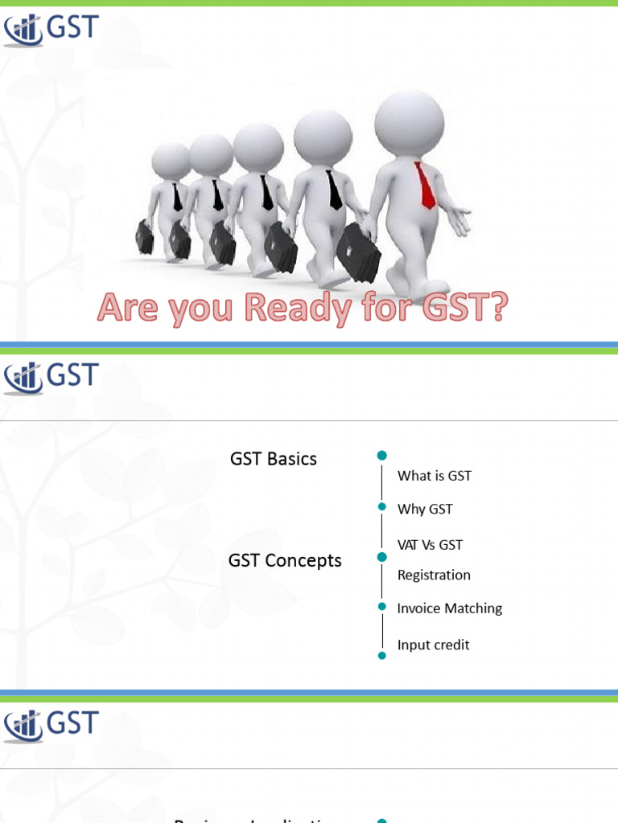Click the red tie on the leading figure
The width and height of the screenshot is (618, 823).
coord(424,185)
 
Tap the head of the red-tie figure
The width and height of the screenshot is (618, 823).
coord(409,125)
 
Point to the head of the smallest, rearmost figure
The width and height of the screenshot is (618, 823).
coord(171,161)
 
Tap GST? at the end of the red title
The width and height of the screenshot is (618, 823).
coord(461,308)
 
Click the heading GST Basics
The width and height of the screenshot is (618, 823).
coord(274,459)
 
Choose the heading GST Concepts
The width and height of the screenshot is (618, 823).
coord(285,560)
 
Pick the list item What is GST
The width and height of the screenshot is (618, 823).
coord(435,476)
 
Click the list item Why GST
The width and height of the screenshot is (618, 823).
coord(425,510)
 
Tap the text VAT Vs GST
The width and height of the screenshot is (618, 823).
coord(430,544)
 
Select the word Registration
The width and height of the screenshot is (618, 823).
coord(434,575)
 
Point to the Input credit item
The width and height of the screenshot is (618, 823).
coord(433,645)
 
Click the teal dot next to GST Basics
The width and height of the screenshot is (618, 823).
coord(381,456)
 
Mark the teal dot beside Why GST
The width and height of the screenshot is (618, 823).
coord(381,506)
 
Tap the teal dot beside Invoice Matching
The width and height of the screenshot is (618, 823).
coord(381,607)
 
